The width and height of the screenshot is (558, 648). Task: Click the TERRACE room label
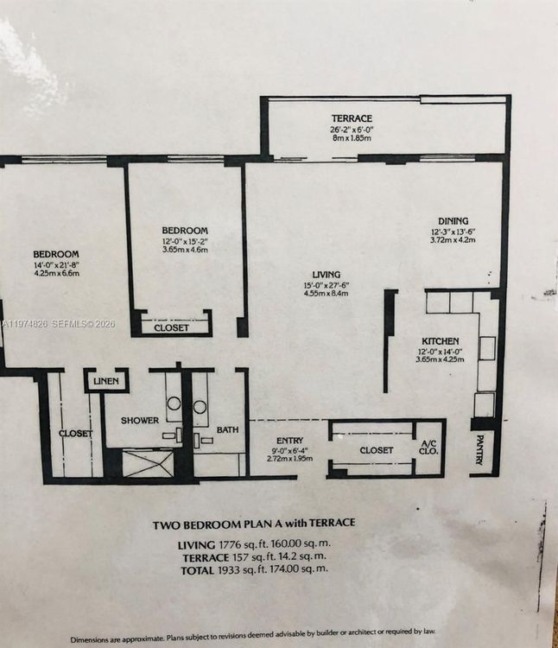click(x=352, y=118)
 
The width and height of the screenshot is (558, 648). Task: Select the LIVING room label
click(x=327, y=275)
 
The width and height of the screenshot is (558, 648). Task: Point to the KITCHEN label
click(x=440, y=341)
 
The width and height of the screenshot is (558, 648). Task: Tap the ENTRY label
click(x=289, y=441)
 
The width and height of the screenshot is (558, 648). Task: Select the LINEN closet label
click(x=106, y=381)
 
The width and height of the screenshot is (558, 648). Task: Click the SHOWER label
click(x=139, y=421)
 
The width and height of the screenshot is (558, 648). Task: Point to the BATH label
click(x=227, y=429)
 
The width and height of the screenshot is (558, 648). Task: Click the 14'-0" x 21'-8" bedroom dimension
click(x=56, y=264)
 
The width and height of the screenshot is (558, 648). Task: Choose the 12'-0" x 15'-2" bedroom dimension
click(x=185, y=240)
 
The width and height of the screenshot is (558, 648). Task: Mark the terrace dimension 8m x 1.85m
click(x=352, y=138)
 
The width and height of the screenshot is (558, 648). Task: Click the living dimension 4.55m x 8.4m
click(x=327, y=294)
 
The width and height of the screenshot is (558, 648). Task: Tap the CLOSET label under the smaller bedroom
click(x=171, y=328)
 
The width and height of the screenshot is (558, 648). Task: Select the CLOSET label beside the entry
click(x=376, y=450)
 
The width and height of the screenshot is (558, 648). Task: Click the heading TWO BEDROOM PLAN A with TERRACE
click(x=254, y=523)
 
